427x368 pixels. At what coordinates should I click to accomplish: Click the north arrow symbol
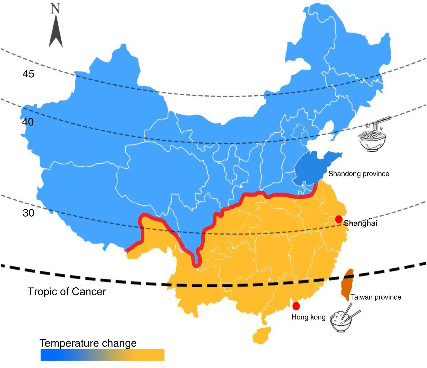(x=56, y=33)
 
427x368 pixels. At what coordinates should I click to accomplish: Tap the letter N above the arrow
(x=55, y=9)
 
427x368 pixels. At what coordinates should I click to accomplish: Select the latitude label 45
(x=28, y=74)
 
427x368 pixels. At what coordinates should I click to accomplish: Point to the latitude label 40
(x=28, y=122)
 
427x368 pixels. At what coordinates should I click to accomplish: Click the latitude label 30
(x=28, y=213)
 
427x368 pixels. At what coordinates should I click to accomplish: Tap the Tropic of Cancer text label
(x=67, y=291)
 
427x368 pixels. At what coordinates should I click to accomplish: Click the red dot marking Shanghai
(x=339, y=219)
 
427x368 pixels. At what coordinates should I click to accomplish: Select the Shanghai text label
(x=360, y=223)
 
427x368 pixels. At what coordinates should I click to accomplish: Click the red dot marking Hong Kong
(x=296, y=306)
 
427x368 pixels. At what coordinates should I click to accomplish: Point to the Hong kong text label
(x=308, y=317)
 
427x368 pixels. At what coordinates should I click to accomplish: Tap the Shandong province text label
(x=359, y=174)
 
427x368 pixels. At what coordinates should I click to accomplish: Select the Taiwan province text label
(x=376, y=297)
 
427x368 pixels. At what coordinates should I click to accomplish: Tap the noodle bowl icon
(x=372, y=142)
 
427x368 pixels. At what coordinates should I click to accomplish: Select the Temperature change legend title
(x=88, y=343)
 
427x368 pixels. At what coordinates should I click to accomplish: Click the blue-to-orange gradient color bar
(x=102, y=355)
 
